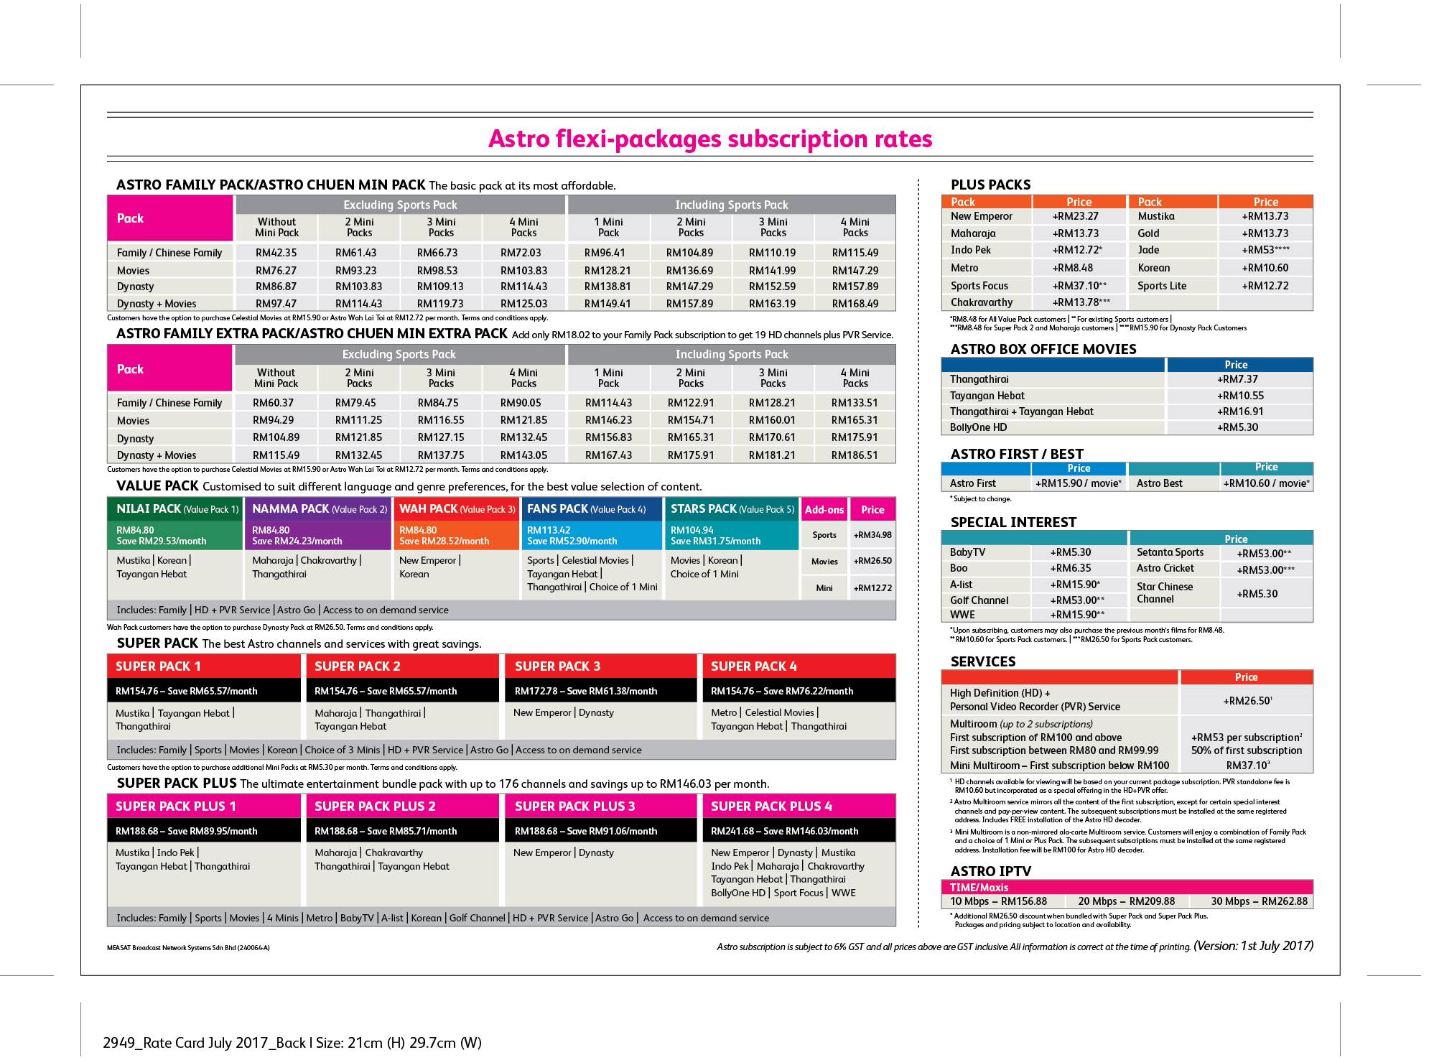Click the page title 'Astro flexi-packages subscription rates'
pos(710,139)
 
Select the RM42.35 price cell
pos(276,253)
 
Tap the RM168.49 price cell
pos(855,304)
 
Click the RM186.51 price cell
pos(855,455)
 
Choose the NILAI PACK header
pos(175,509)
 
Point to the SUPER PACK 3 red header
pos(600,666)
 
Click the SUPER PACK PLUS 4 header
pos(799,806)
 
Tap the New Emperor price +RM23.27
pos(1076,216)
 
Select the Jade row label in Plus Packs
pos(1148,250)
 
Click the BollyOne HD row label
pos(978,427)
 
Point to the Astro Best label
pos(1159,483)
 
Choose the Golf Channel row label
pos(979,600)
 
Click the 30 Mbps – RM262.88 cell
pos(1259,901)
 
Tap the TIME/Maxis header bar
pos(1127,888)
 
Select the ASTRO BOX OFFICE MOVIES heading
pos(1043,349)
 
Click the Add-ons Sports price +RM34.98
pos(872,535)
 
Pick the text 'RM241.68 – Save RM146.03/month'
pos(784,832)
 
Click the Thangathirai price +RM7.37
pos(1237,379)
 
